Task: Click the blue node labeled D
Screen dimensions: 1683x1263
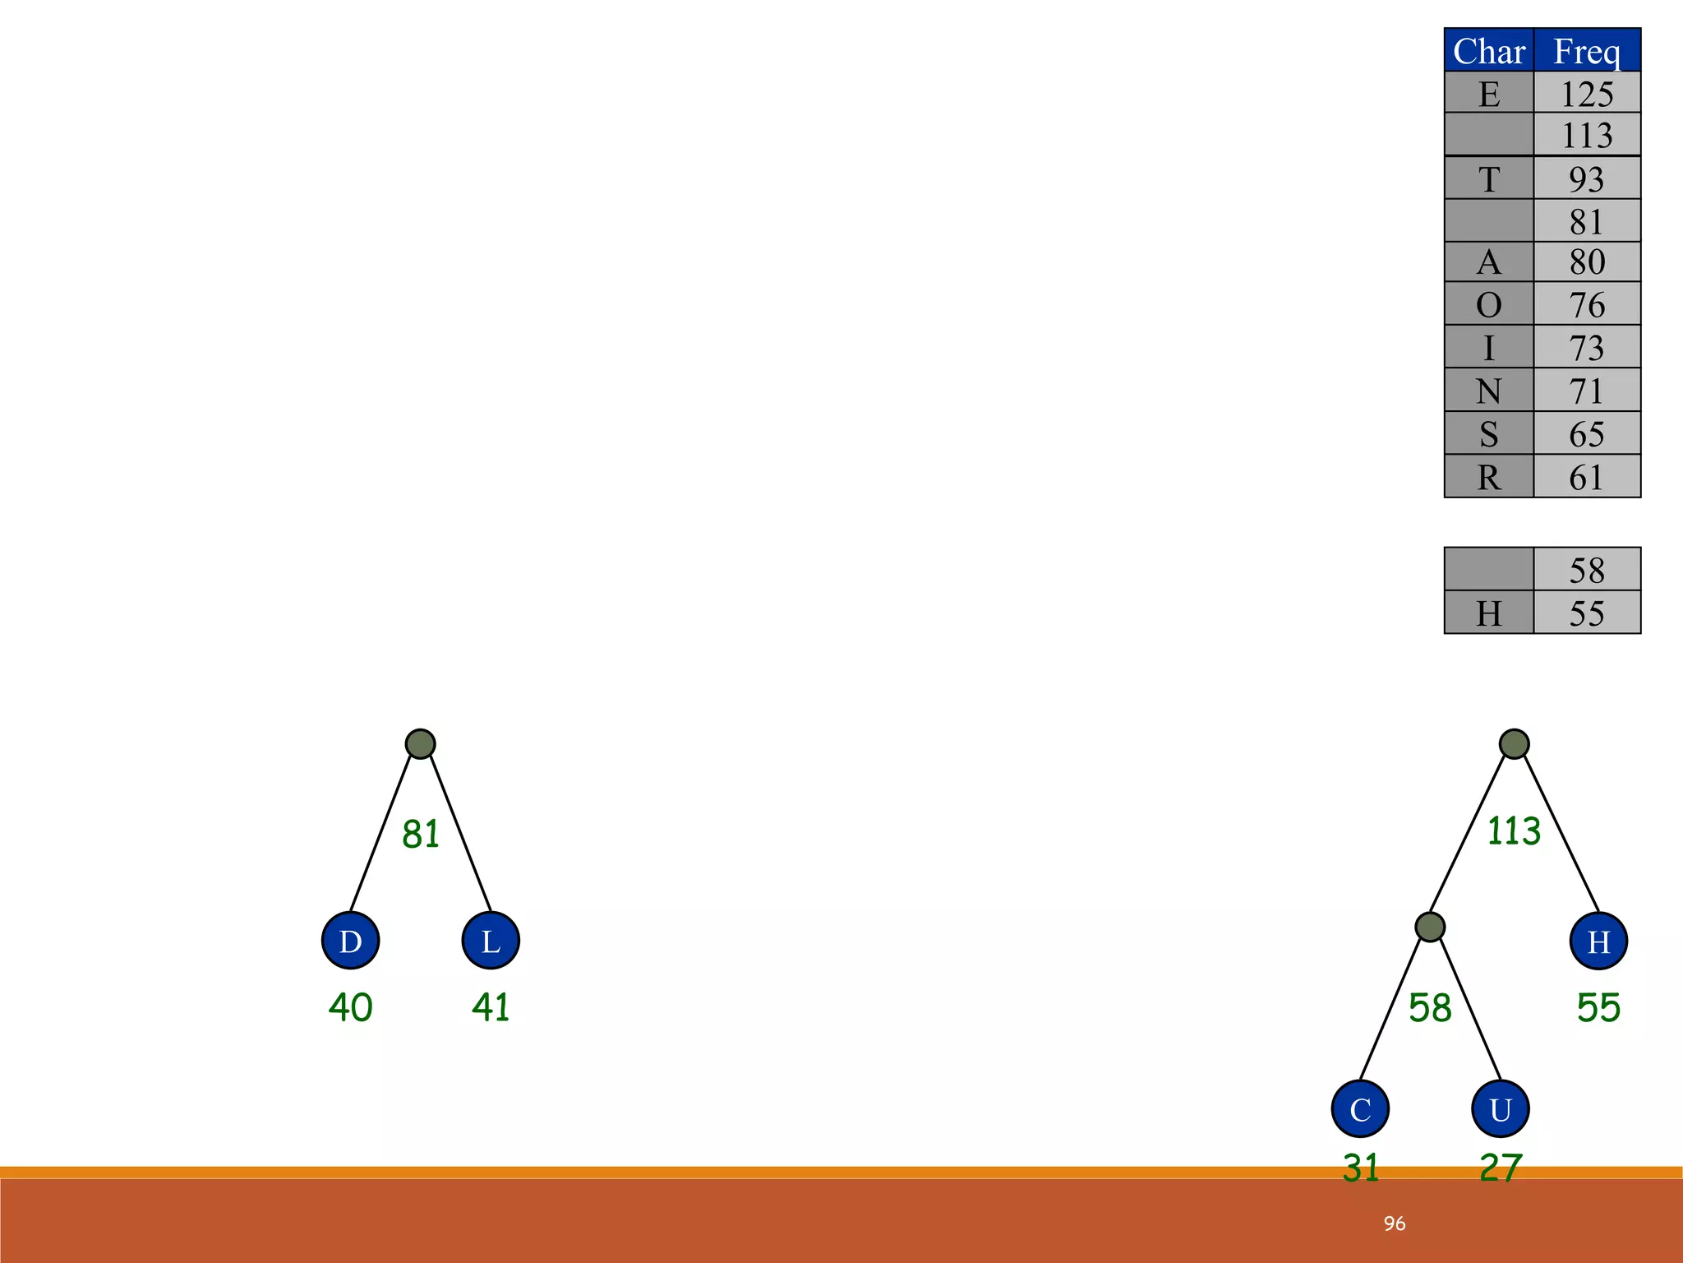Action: pos(350,941)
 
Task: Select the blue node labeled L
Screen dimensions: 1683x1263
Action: pos(491,941)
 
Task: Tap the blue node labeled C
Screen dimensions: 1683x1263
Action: pos(1360,1108)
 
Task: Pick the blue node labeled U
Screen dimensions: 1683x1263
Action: pos(1501,1108)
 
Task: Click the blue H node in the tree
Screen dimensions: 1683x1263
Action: pos(1598,941)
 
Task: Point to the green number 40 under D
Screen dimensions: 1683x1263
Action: pos(350,1007)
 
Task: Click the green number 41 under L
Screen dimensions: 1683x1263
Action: pos(491,1007)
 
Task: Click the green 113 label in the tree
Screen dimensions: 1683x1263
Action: pos(1514,831)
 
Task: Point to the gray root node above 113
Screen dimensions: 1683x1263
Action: pos(1514,744)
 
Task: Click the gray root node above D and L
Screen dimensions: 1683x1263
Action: pos(420,744)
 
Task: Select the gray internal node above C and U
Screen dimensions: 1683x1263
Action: pos(1430,927)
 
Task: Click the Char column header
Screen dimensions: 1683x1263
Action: pos(1489,51)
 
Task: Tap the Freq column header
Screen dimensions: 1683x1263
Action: pos(1587,51)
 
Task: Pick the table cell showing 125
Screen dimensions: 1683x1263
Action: pos(1587,94)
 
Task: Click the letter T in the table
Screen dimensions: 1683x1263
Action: pos(1489,179)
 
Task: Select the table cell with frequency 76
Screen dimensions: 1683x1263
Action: pos(1587,305)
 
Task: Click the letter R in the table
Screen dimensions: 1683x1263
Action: pos(1489,477)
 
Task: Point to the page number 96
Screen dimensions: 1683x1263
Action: pos(1394,1224)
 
